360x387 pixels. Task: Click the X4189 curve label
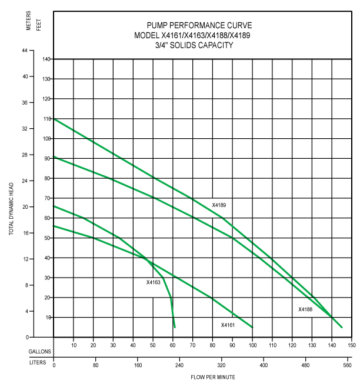[219, 205]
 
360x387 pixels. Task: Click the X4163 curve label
[154, 282]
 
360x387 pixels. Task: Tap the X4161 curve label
[228, 325]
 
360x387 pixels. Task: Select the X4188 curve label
[305, 309]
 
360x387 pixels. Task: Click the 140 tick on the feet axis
[46, 59]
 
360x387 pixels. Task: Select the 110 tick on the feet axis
[46, 119]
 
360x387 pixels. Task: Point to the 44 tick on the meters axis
[25, 51]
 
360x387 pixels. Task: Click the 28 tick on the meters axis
[25, 155]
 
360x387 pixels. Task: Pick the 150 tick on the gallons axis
[351, 346]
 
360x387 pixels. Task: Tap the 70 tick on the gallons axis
[192, 346]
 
